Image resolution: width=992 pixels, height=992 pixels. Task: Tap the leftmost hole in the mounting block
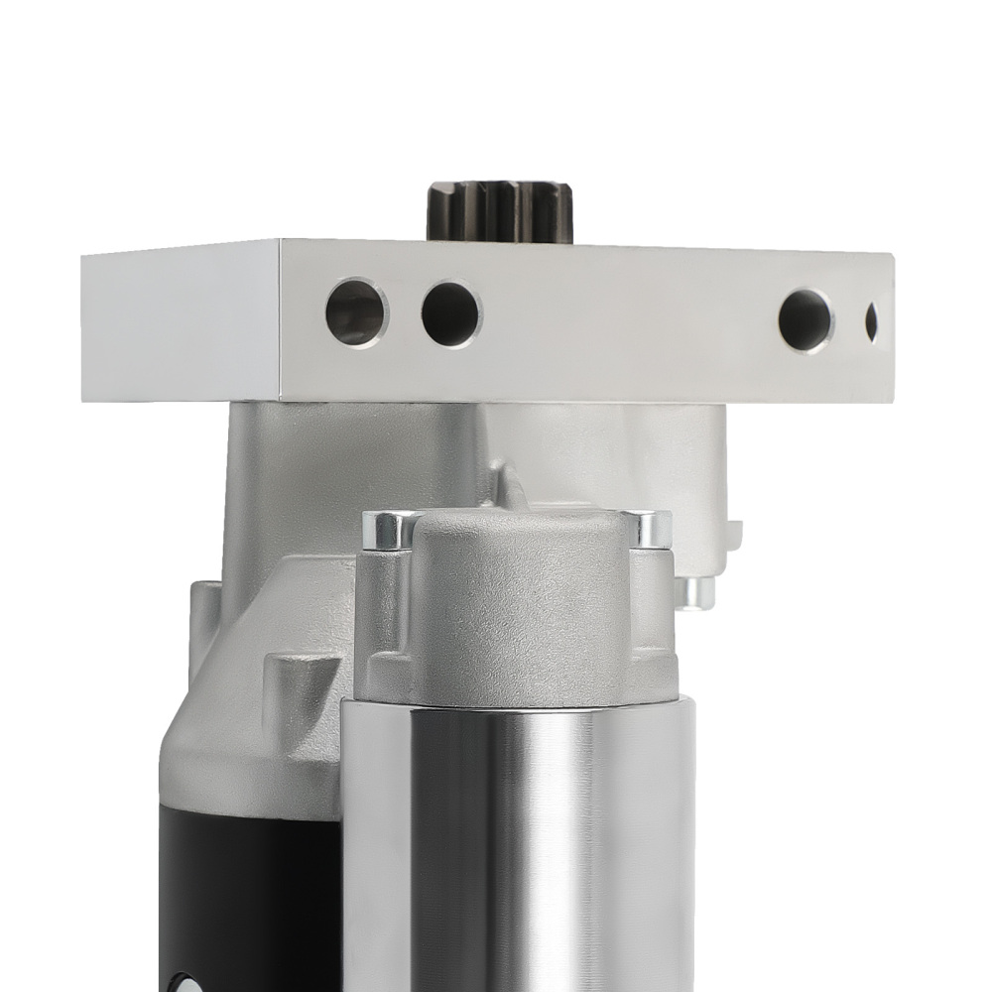click(356, 311)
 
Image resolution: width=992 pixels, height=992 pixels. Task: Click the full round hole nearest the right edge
click(806, 319)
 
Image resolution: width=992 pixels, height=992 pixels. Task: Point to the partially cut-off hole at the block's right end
click(871, 321)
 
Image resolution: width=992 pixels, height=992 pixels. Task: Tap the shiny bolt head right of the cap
click(648, 529)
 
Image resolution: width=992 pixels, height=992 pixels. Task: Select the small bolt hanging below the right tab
click(695, 592)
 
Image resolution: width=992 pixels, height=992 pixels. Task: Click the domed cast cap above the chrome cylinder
click(521, 585)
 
